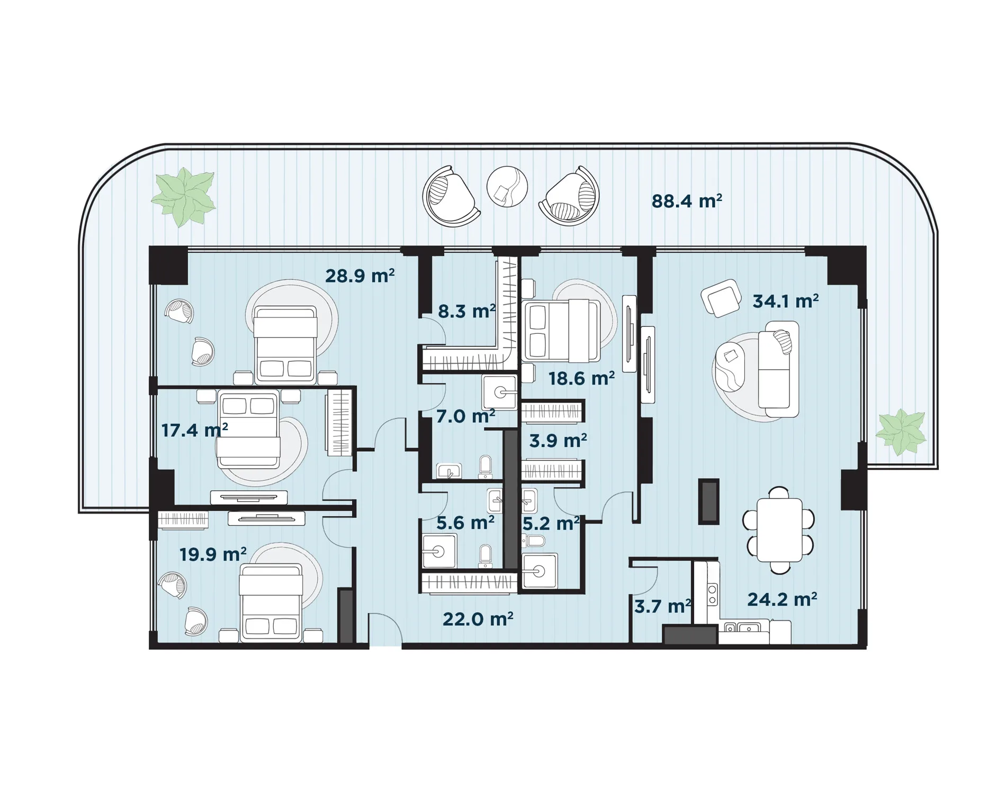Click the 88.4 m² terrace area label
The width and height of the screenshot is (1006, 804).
(x=687, y=202)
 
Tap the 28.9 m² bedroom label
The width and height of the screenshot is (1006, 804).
(x=360, y=276)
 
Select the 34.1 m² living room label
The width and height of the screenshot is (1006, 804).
(x=786, y=301)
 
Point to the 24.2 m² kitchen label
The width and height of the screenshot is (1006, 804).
(x=782, y=599)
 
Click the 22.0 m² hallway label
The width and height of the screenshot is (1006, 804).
(x=478, y=619)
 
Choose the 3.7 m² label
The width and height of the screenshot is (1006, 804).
(x=663, y=606)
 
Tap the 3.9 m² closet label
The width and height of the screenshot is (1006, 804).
(x=558, y=440)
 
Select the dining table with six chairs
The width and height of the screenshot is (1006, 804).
(x=779, y=530)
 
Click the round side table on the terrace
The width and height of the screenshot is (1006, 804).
(x=507, y=187)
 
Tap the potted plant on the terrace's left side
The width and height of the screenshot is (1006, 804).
(x=184, y=197)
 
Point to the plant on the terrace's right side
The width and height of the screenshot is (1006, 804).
(x=901, y=432)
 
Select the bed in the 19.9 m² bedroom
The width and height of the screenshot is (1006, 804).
(x=271, y=603)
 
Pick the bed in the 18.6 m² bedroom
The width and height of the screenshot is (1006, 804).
(x=561, y=331)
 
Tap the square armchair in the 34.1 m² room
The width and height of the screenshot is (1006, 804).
(x=721, y=298)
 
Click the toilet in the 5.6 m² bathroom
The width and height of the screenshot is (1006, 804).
(x=486, y=556)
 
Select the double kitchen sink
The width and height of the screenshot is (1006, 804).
(x=742, y=628)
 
